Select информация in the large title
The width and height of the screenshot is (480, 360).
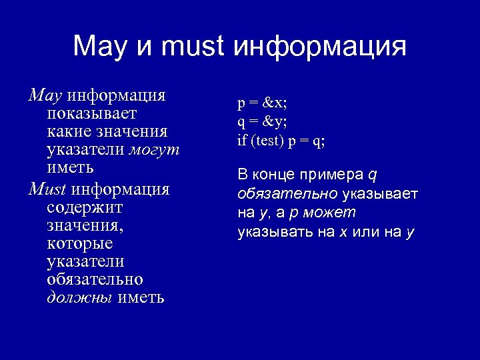tap(320, 47)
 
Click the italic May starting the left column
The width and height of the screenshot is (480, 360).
tap(45, 95)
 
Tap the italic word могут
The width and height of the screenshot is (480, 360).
tap(155, 149)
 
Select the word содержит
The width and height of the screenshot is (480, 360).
tap(85, 207)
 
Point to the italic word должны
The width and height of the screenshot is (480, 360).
tap(79, 297)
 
